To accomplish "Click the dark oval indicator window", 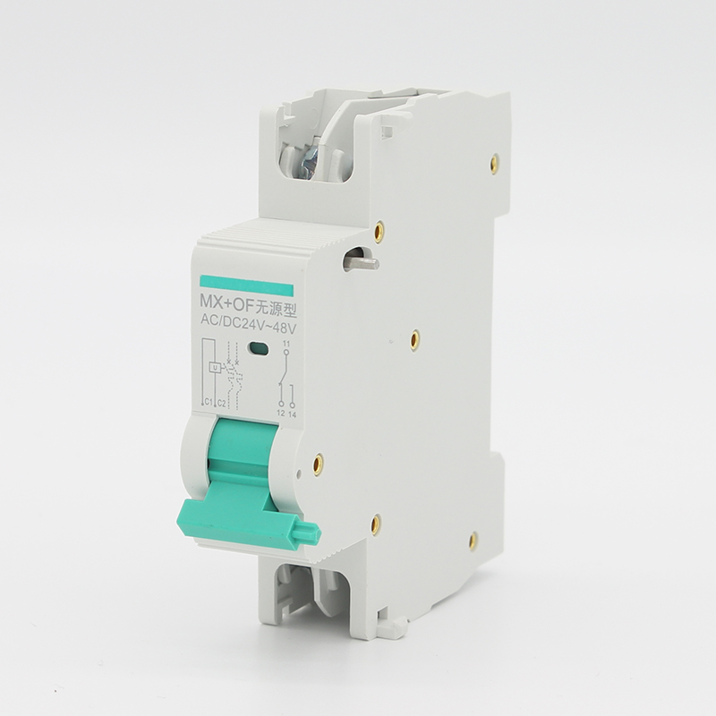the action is [x=258, y=348].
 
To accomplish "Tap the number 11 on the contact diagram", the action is [x=286, y=343].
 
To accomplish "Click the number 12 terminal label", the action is [x=281, y=413].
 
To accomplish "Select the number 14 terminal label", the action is [x=293, y=414].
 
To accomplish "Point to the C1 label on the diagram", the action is [x=209, y=402].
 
